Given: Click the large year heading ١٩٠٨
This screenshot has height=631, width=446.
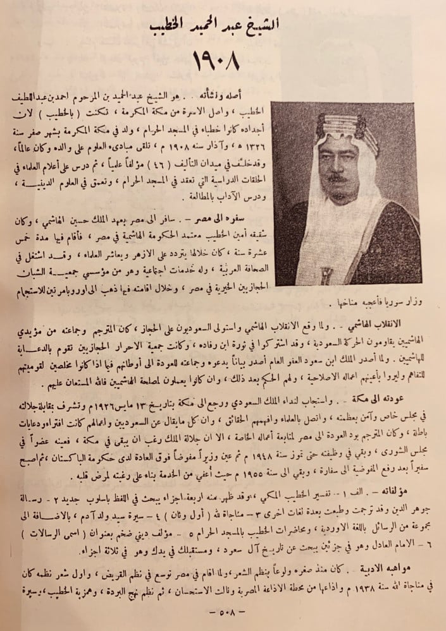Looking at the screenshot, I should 222,62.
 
